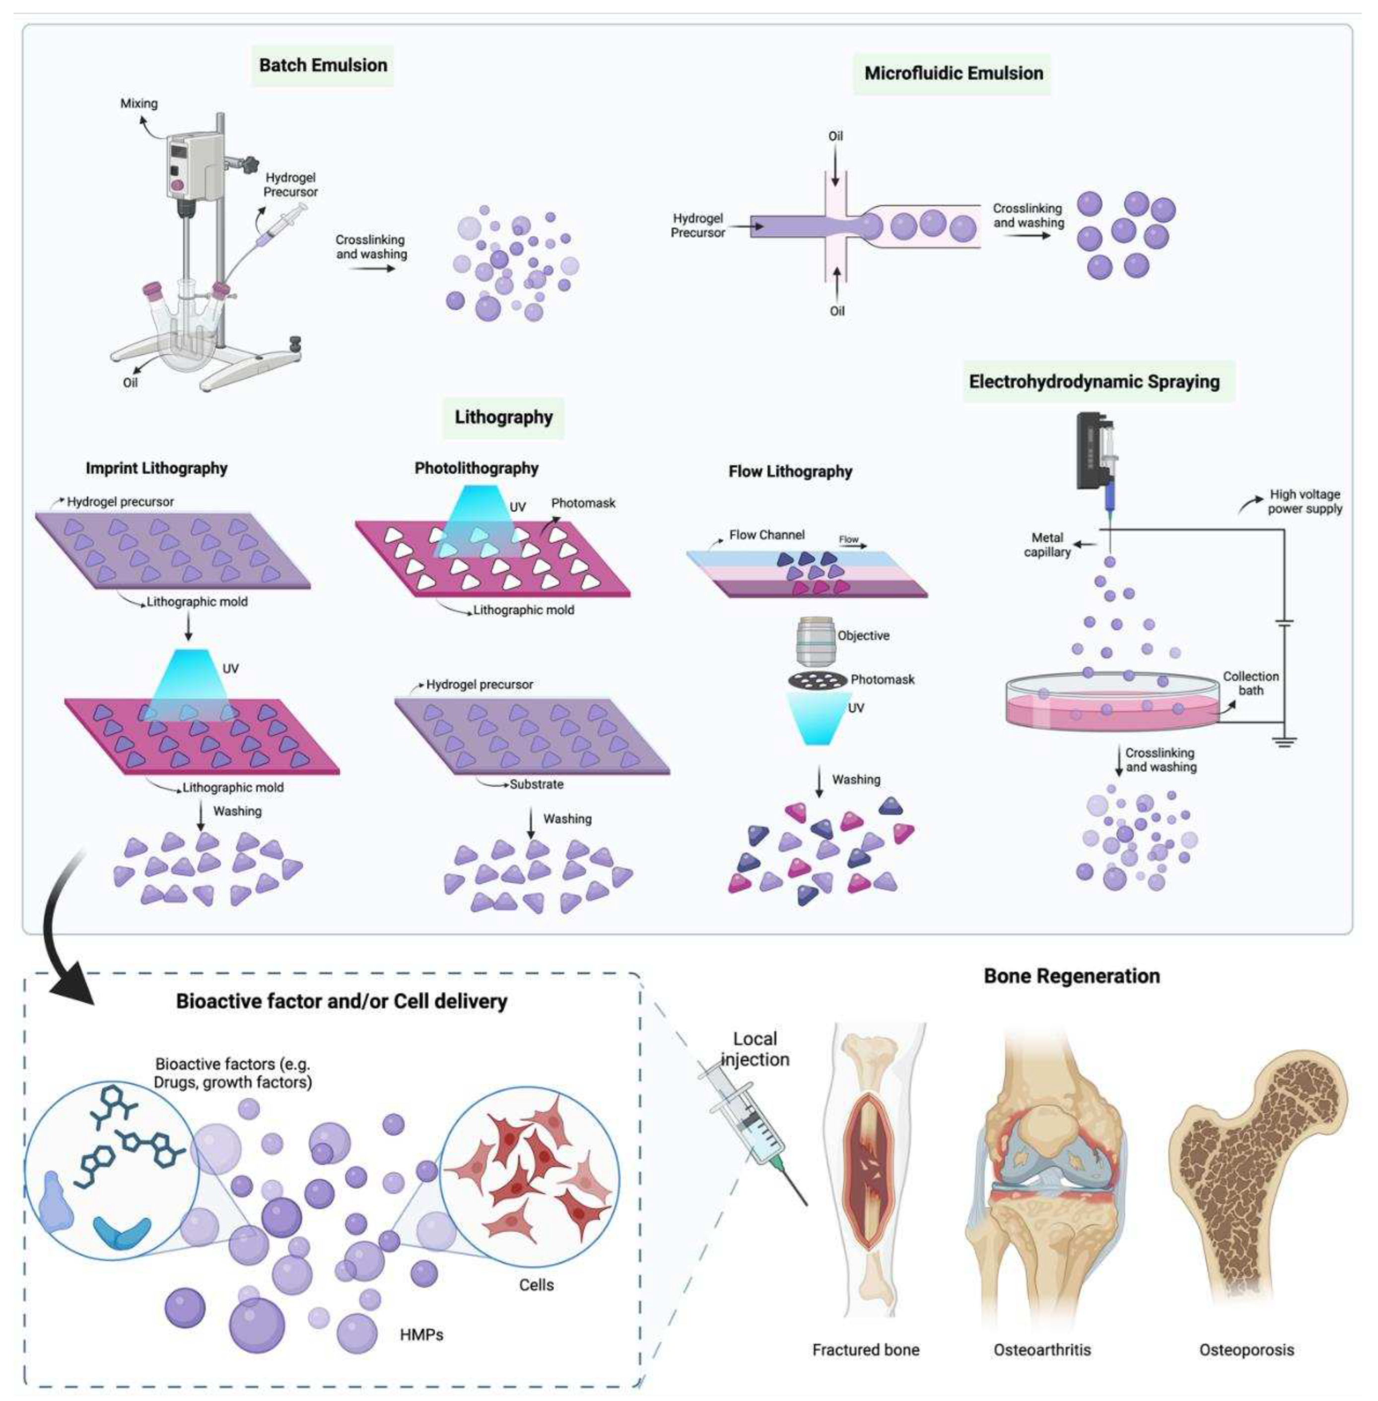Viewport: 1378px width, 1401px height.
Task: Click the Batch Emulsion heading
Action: (323, 65)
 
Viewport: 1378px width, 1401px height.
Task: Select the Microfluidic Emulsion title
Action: (953, 73)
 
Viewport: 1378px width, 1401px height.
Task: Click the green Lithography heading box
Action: (503, 417)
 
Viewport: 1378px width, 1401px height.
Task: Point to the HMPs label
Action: (421, 1333)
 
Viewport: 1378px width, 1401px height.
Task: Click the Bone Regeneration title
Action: (1071, 976)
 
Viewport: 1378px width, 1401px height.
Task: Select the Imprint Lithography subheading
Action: (156, 468)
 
